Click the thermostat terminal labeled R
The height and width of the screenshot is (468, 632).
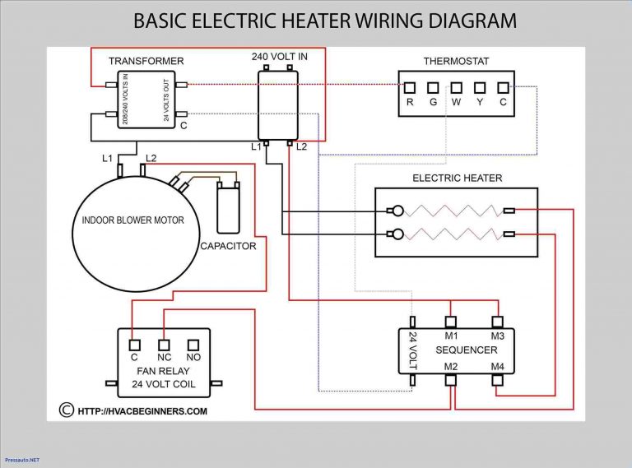coord(410,86)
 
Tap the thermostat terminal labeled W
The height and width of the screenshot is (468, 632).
coord(455,86)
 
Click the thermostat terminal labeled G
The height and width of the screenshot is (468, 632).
coord(433,86)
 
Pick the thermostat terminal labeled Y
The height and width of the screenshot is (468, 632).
coord(478,86)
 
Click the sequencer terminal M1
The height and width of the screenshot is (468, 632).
coord(451,322)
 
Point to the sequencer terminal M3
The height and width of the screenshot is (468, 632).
coord(497,322)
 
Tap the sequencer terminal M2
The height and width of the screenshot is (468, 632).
coord(451,380)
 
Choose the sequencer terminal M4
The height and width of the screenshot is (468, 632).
coord(497,380)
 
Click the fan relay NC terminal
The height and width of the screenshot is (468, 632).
coord(164,344)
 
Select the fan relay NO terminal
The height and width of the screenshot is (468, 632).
coord(194,344)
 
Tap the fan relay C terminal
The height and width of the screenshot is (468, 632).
coord(133,344)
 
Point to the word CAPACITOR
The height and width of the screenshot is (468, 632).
coord(228,246)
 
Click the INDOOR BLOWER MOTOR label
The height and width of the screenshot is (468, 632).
coord(132,220)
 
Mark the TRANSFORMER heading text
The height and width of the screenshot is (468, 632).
coord(146,61)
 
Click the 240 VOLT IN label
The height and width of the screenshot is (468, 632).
coord(281,56)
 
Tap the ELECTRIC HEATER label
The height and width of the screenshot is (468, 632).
coord(457,178)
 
